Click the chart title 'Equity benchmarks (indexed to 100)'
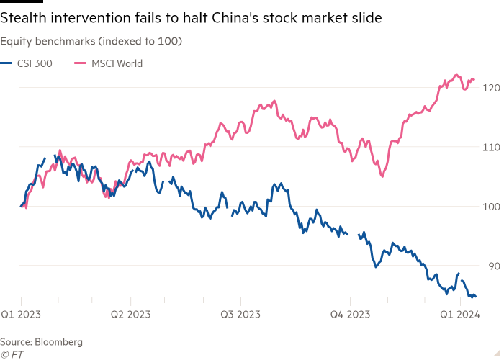(x=91, y=42)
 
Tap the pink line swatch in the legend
(x=80, y=63)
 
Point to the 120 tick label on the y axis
(x=491, y=87)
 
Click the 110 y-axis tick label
(x=491, y=147)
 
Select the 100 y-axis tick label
(x=491, y=207)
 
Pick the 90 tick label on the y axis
(x=492, y=266)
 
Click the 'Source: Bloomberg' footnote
(x=42, y=341)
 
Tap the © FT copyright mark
(x=11, y=354)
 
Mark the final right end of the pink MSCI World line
(x=474, y=79)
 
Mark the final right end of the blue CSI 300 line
(x=474, y=296)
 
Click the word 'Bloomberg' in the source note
(x=59, y=341)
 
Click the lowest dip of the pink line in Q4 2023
(x=382, y=176)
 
